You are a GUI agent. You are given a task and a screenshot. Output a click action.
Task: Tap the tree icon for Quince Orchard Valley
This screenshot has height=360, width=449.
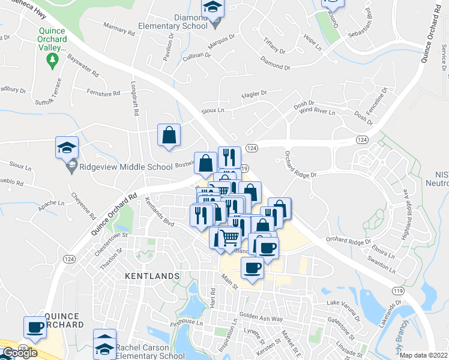(x=52, y=59)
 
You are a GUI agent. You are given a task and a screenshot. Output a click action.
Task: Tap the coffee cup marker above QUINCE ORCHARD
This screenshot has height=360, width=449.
(x=35, y=328)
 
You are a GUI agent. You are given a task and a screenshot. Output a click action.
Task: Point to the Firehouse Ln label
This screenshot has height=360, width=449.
(x=185, y=322)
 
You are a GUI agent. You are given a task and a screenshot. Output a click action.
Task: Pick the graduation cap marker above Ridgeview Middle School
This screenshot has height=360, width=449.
(x=67, y=148)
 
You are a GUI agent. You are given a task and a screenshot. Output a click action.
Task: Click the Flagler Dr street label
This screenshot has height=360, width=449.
(x=253, y=93)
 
